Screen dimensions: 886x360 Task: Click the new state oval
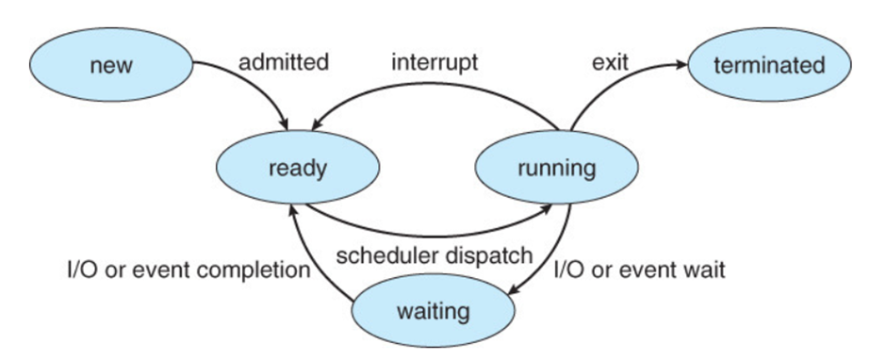(x=111, y=65)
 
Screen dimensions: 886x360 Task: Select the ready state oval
(x=298, y=168)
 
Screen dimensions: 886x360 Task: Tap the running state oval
(x=556, y=168)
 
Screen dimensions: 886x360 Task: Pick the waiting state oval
(x=434, y=311)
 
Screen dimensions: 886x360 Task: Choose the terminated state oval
(x=770, y=65)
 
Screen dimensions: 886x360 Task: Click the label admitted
(x=283, y=61)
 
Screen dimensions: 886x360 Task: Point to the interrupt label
(x=435, y=62)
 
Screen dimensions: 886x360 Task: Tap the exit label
(x=610, y=62)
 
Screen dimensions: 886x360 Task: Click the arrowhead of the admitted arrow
(x=283, y=123)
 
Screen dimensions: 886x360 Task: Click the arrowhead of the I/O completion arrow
(x=291, y=212)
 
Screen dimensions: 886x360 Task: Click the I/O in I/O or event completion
(x=81, y=270)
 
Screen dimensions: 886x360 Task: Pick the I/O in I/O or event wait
(x=566, y=270)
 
